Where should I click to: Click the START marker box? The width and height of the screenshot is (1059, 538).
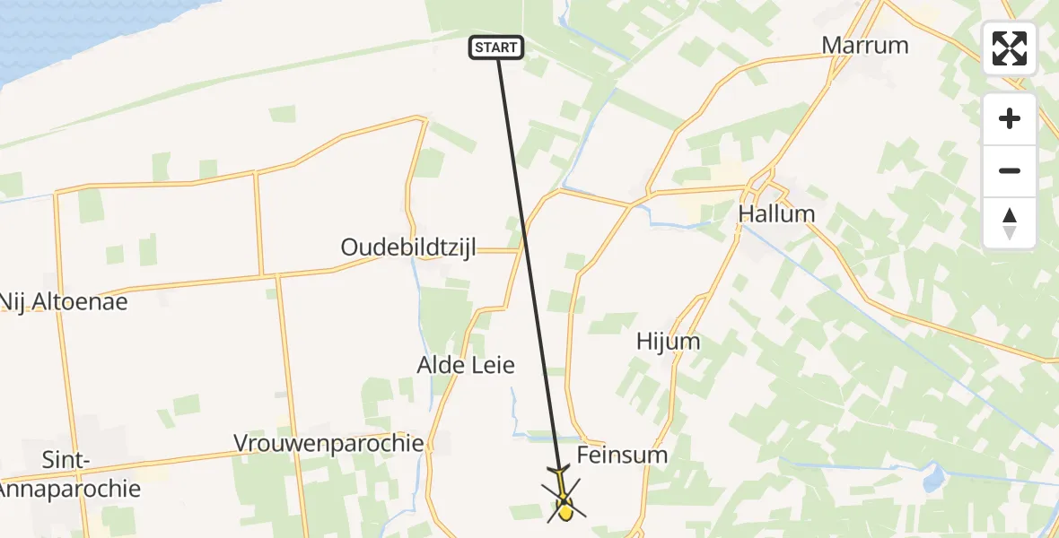click(x=496, y=48)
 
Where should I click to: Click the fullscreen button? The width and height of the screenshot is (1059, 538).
click(x=1010, y=48)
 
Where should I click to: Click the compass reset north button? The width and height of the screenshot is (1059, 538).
click(x=1010, y=223)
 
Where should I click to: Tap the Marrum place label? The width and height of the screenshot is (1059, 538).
click(x=865, y=46)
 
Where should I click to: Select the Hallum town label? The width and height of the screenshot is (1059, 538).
click(x=776, y=214)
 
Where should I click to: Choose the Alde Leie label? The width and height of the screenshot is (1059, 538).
click(x=466, y=365)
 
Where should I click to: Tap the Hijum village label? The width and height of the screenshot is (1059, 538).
click(x=668, y=342)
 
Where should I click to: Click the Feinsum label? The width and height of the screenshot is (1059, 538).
click(x=622, y=455)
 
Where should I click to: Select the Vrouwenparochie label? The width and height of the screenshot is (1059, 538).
click(x=328, y=443)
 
